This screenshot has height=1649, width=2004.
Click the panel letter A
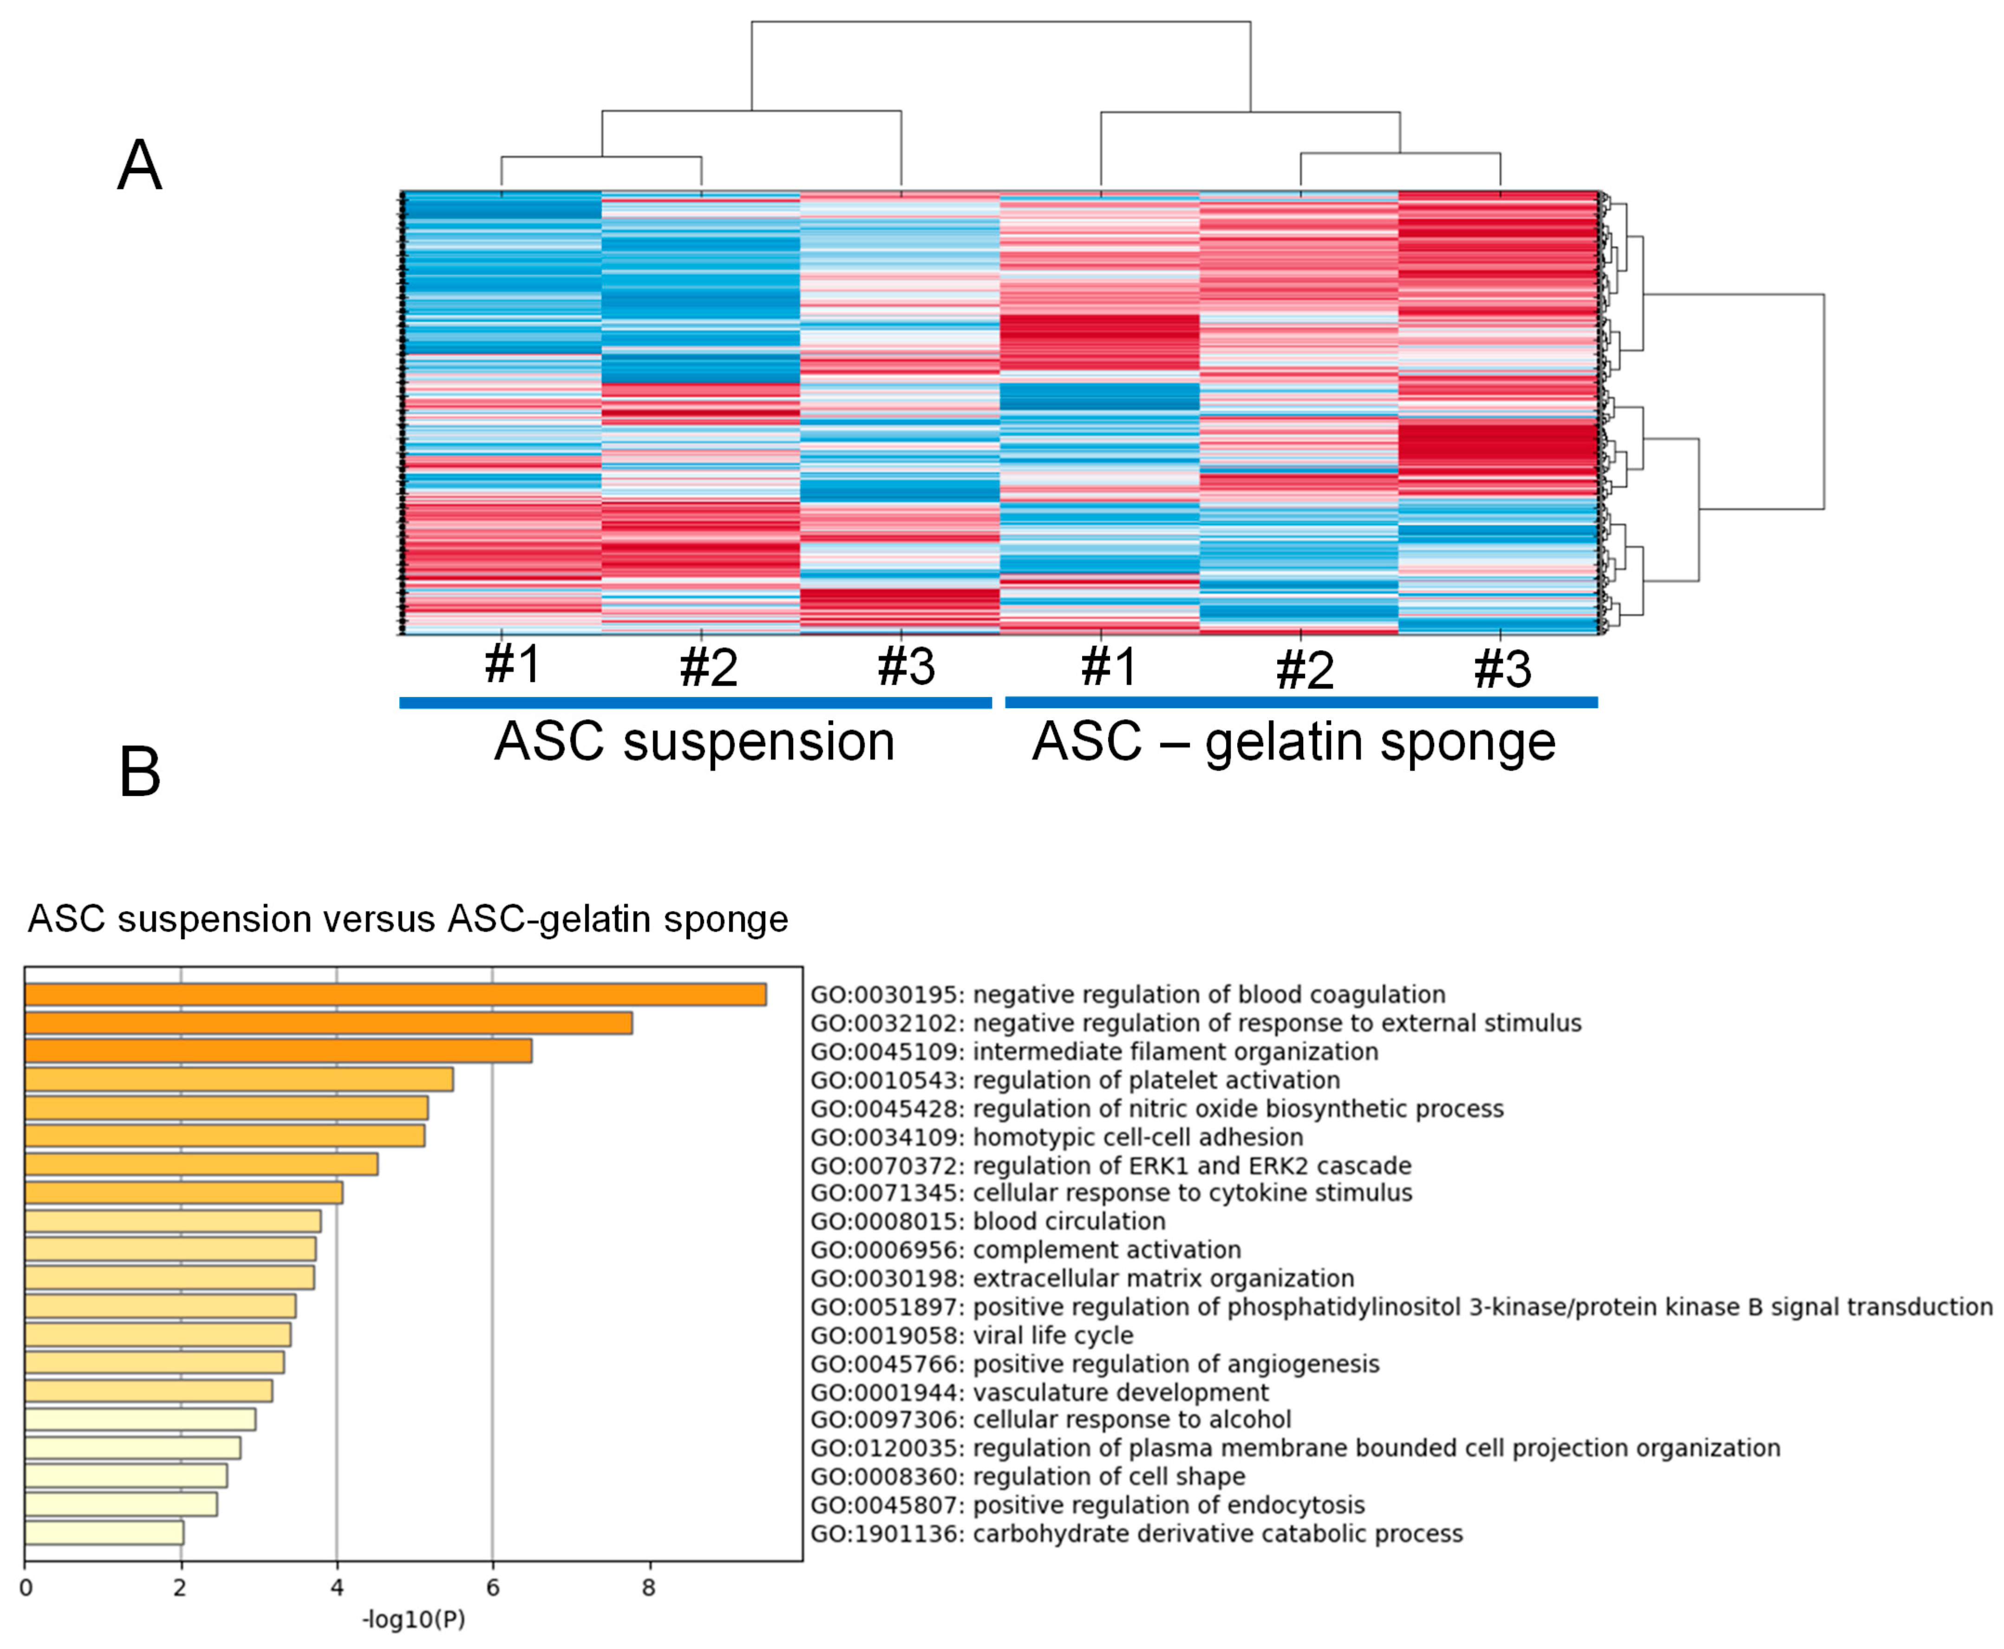[140, 166]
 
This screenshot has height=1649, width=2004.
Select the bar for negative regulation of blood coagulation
[395, 995]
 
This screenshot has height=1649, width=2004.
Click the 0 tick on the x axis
[26, 1588]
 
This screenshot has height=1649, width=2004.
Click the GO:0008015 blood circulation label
[988, 1222]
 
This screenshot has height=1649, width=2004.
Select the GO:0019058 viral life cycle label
[972, 1336]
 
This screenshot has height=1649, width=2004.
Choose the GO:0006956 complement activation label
[1026, 1250]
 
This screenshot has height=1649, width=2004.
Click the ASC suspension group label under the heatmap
[694, 742]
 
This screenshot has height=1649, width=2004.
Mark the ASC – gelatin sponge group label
[1293, 742]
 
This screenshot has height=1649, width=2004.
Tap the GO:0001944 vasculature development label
[1039, 1393]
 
